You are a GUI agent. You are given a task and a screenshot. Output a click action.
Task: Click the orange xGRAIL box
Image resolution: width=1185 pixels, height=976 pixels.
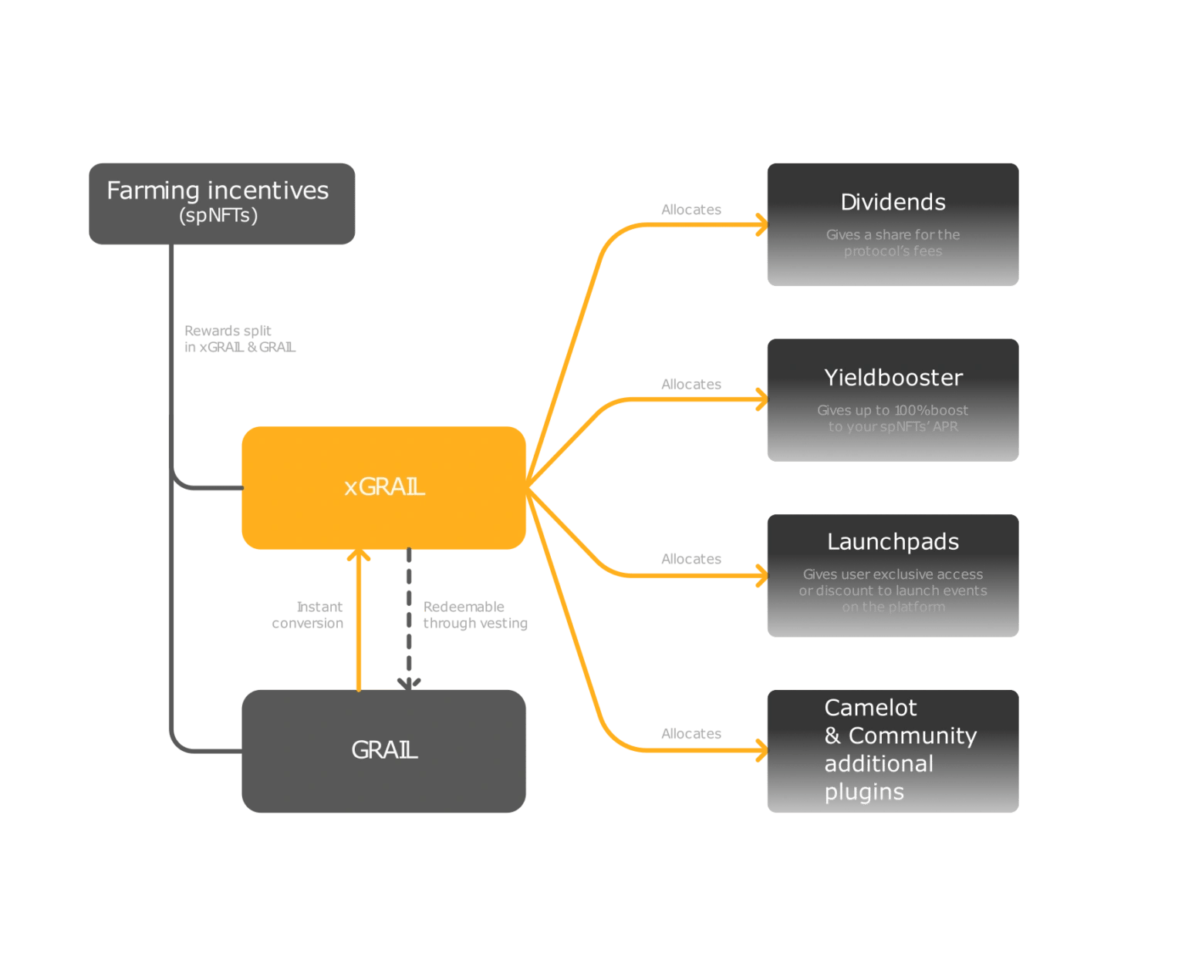pos(383,487)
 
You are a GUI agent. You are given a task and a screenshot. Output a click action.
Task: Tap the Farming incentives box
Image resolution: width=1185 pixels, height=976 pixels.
pos(221,203)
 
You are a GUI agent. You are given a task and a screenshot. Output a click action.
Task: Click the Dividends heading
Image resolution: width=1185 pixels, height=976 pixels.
pos(893,202)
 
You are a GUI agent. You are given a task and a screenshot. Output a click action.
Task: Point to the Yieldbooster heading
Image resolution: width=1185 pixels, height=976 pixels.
pos(893,378)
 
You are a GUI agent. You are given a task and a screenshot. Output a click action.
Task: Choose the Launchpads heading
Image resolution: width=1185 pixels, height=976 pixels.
pos(893,542)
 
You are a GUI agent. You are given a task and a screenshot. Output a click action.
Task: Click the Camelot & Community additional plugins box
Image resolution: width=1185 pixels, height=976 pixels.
pos(893,750)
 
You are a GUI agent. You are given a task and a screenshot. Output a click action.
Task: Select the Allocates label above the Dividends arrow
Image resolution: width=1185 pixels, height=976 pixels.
pos(690,210)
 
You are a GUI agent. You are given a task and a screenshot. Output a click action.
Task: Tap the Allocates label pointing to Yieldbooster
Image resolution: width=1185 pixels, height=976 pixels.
pos(690,384)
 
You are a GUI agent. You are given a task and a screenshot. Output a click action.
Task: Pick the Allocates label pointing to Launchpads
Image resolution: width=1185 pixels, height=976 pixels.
pos(690,559)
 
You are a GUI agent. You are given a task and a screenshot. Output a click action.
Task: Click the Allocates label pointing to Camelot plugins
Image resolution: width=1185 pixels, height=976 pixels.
pos(690,734)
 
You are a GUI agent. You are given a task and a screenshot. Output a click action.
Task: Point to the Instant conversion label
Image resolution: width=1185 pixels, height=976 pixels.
pos(308,615)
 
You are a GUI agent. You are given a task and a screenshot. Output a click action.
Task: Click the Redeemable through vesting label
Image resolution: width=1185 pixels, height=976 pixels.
pos(474,615)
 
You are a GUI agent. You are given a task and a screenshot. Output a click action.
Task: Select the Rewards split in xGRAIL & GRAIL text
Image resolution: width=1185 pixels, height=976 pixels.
pos(239,339)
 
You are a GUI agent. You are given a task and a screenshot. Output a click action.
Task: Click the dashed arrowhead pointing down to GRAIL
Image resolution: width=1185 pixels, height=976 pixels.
pos(409,682)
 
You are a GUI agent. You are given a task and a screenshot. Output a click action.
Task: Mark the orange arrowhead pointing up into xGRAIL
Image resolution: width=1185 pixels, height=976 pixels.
pos(359,556)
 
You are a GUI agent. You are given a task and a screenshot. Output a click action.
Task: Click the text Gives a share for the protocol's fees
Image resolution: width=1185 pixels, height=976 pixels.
pos(893,243)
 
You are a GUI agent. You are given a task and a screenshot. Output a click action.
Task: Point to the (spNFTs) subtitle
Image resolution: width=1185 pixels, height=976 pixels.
pos(218,215)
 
